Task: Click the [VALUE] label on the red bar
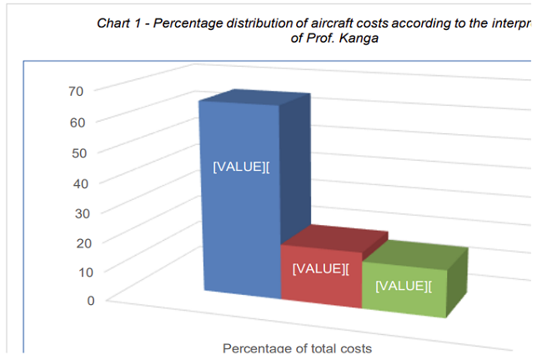point(320,268)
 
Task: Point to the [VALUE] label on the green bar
point(404,286)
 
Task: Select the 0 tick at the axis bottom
point(91,300)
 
